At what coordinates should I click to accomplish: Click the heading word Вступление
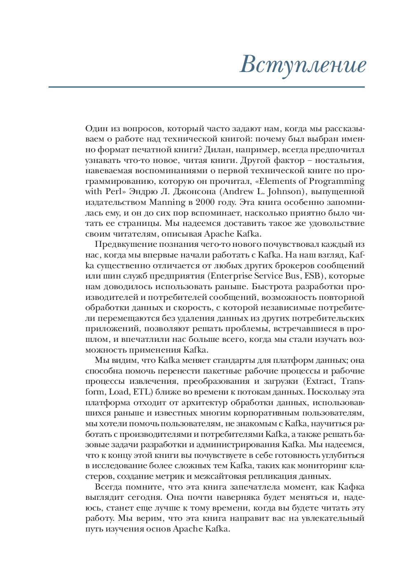[303, 65]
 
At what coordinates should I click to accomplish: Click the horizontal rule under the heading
[206, 87]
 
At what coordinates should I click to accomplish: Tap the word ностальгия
[340, 160]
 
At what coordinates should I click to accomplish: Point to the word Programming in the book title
[336, 181]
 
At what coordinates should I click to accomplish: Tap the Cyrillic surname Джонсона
[194, 192]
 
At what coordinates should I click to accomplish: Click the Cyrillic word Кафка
[351, 487]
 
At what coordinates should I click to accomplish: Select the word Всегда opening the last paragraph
[108, 487]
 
